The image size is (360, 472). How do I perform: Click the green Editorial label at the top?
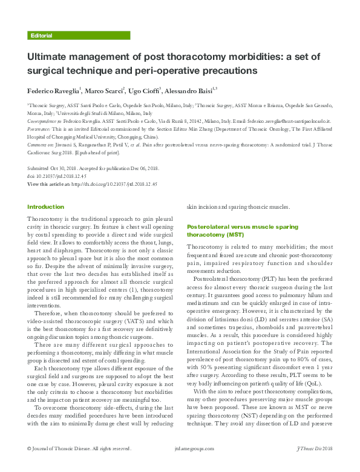click(41, 36)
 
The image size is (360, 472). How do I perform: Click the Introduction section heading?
click(45, 207)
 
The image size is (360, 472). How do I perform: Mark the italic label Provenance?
click(41, 128)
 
